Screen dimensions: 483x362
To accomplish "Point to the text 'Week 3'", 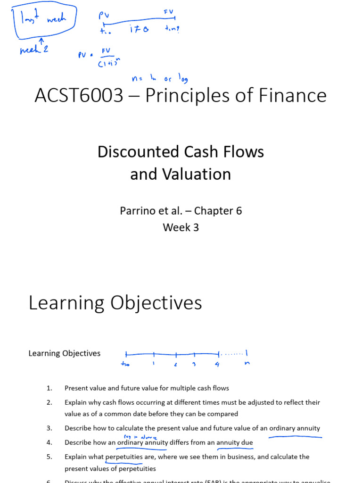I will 181,227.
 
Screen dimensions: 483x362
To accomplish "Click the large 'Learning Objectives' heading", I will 115,303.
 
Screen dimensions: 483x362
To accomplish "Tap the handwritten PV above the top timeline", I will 103,16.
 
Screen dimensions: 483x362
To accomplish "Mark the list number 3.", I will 49,428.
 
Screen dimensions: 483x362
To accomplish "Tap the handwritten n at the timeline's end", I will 246,364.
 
